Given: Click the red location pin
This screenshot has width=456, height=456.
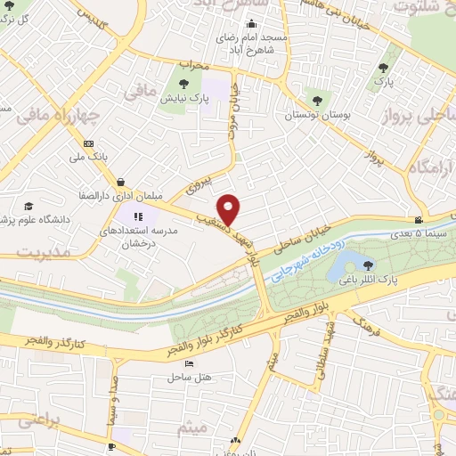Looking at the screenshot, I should point(230,208).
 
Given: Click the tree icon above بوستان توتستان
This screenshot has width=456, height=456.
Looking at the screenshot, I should point(316,100).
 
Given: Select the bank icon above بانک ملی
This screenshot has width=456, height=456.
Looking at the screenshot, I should point(87,142).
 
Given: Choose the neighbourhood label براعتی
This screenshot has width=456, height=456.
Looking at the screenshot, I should point(38,420).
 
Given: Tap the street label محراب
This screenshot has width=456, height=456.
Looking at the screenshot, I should point(192,66).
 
